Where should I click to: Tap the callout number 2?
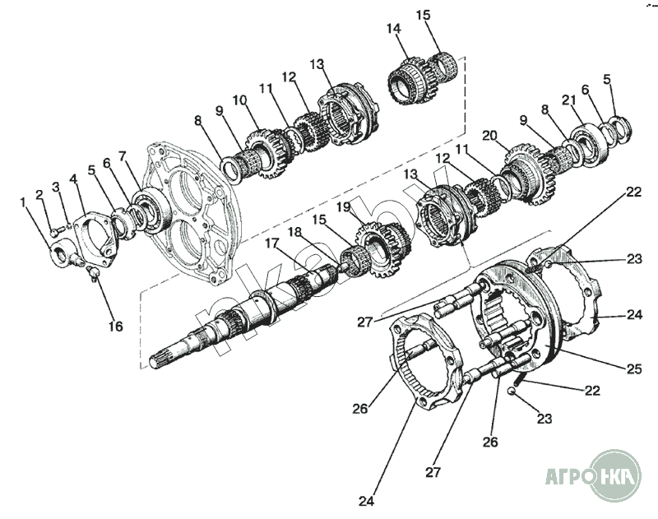39,195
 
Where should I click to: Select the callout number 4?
73,178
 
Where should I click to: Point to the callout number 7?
123,155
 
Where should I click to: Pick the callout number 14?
394,29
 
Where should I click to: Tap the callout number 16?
115,327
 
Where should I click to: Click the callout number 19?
342,207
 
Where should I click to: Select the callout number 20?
491,135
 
